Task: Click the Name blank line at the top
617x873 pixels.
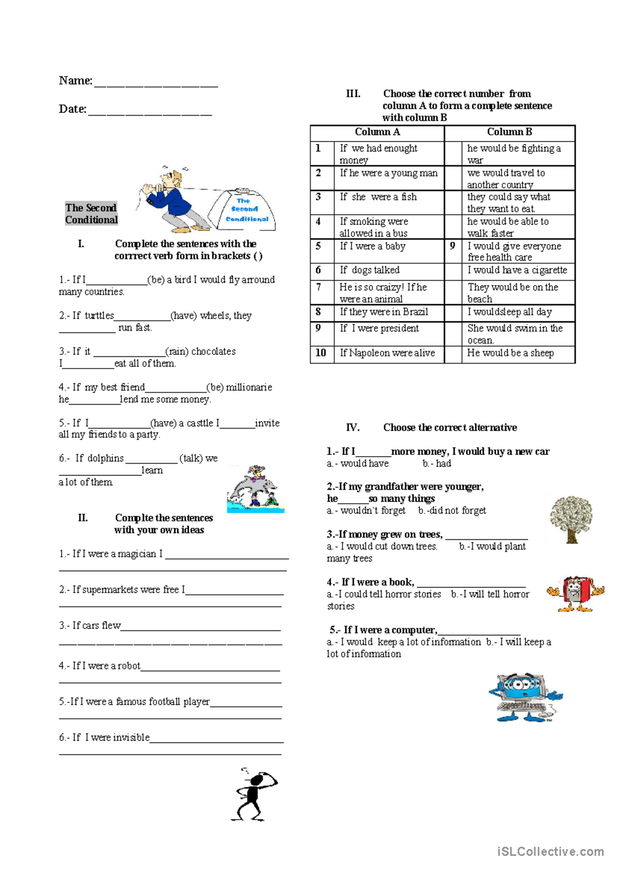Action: click(x=156, y=84)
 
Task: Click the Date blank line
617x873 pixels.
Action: click(x=150, y=113)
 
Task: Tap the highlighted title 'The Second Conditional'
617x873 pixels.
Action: click(x=91, y=213)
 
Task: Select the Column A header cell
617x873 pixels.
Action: click(x=377, y=132)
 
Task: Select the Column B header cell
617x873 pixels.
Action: click(x=509, y=132)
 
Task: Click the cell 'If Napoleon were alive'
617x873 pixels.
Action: click(x=387, y=353)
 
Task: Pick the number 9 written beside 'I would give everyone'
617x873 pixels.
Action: click(x=452, y=246)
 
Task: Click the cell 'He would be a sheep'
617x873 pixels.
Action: click(x=510, y=353)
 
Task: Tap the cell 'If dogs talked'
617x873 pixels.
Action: click(x=369, y=270)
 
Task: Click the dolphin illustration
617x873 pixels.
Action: click(x=255, y=490)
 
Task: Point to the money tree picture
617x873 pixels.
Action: click(x=571, y=519)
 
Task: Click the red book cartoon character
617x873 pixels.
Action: click(x=575, y=593)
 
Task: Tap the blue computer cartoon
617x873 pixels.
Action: click(x=525, y=697)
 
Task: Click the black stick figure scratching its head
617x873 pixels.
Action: click(x=254, y=794)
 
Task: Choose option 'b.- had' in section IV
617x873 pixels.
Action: click(x=437, y=464)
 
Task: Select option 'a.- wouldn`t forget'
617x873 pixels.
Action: click(x=366, y=511)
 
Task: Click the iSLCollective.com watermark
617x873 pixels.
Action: click(x=550, y=852)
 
